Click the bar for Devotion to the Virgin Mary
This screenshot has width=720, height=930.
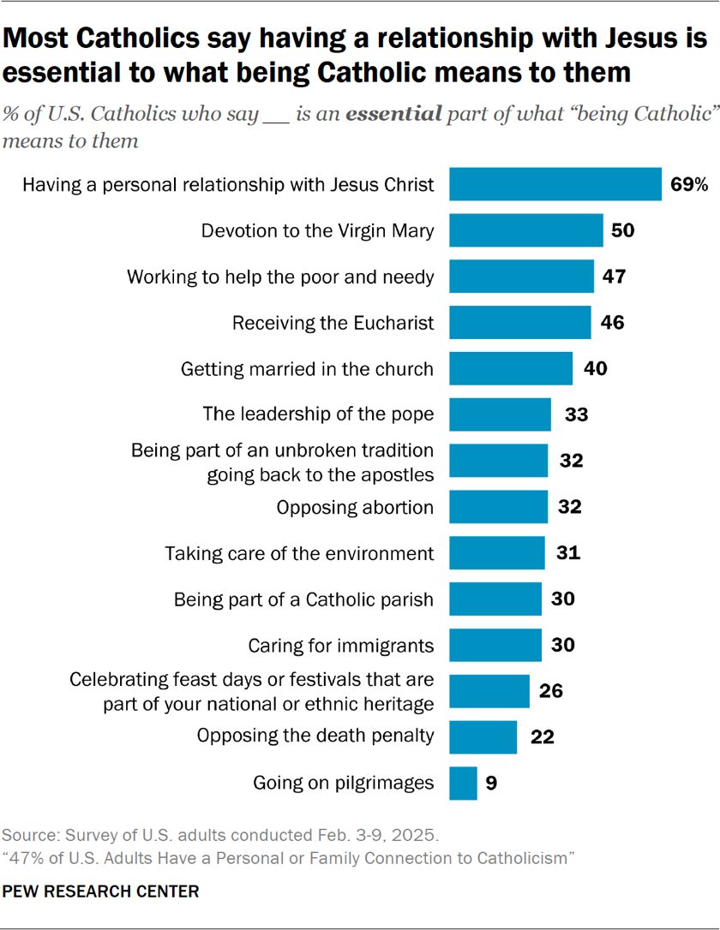tap(526, 230)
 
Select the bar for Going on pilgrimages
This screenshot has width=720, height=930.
tap(464, 783)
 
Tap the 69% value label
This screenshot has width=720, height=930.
tap(689, 184)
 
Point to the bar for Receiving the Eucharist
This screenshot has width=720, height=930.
tap(520, 323)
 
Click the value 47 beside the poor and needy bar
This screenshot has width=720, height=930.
tap(614, 277)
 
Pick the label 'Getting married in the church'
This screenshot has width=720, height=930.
tap(307, 369)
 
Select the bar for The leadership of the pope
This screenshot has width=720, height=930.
tap(501, 414)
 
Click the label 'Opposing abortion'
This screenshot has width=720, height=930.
tap(354, 507)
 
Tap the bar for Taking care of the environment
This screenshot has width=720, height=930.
tap(497, 553)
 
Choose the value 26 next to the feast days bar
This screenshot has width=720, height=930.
tap(551, 690)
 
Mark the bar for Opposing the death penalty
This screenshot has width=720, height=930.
tap(483, 736)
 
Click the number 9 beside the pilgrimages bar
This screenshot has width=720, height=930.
tap(491, 783)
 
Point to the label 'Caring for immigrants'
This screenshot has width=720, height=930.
tap(340, 645)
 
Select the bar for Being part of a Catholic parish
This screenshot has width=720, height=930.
tap(495, 599)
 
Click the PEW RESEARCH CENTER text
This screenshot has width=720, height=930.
tap(101, 891)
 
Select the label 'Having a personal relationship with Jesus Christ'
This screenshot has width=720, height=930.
tap(229, 184)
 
